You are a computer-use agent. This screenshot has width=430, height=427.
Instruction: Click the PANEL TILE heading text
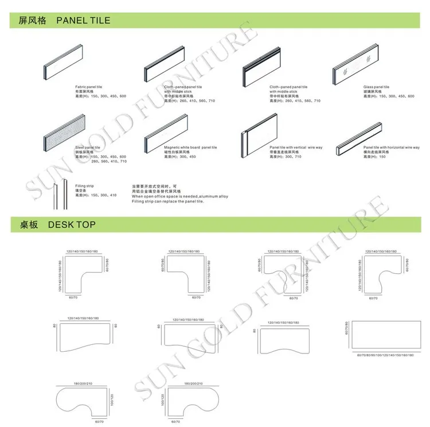tap(83, 21)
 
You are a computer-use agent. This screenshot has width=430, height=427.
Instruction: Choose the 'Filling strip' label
tap(84, 185)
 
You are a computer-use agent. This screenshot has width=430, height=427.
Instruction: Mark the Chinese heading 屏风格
tap(32, 21)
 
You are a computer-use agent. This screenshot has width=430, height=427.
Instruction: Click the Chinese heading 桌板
tap(28, 225)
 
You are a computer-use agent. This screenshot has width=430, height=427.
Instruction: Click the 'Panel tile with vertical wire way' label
tap(296, 147)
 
